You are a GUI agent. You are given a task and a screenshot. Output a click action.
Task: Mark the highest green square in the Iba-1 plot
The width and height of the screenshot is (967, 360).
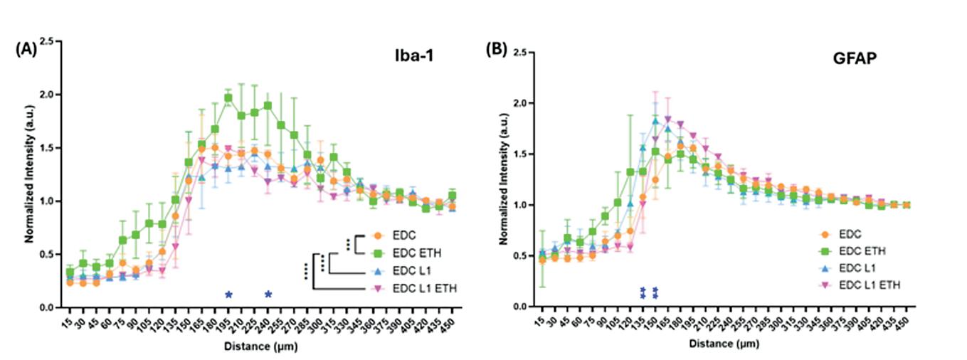pyautogui.click(x=228, y=98)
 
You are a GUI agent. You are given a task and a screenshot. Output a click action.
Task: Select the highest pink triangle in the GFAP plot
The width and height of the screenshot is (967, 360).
pyautogui.click(x=667, y=120)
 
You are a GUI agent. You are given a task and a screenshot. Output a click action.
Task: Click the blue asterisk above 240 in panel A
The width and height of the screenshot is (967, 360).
pyautogui.click(x=268, y=295)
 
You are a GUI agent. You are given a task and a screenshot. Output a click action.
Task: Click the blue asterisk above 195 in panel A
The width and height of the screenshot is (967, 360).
pyautogui.click(x=228, y=295)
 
